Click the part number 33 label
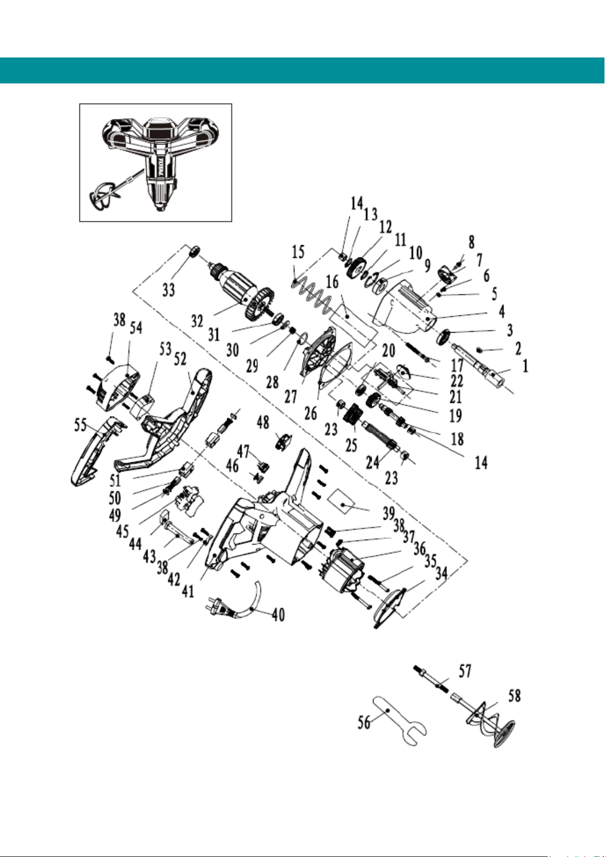click(x=169, y=289)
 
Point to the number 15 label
click(x=298, y=252)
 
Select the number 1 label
click(x=526, y=367)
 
